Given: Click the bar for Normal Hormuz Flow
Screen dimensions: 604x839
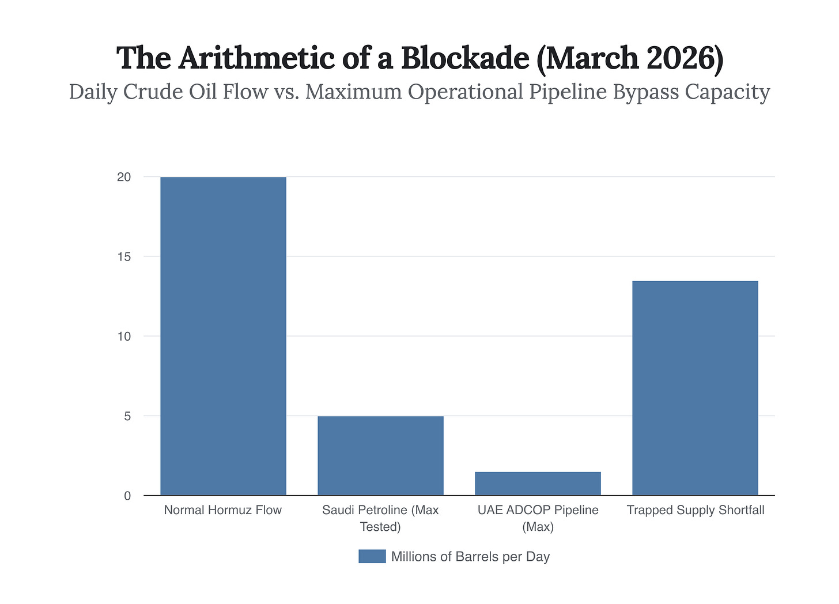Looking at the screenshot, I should coord(223,336).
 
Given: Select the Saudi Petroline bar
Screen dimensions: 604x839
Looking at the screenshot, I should coord(380,455).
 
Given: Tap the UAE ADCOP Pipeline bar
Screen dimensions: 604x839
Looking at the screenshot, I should coord(538,484).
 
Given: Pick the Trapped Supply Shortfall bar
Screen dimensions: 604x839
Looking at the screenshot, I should coord(695,388).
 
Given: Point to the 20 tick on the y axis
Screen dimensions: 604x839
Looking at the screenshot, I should coord(124,177).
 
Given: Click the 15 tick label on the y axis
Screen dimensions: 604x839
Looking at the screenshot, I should coord(124,256).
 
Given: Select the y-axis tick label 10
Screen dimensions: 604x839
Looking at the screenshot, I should coord(124,336).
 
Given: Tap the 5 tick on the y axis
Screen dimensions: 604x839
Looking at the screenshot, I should coord(127,416).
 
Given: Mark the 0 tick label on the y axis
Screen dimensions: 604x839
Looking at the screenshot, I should coord(127,496).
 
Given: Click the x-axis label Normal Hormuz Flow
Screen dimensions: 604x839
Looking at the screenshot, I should coord(223,510).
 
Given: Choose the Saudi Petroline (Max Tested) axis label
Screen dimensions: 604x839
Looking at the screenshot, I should coord(380,518).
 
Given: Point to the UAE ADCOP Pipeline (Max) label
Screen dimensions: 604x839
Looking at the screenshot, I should coord(538,518).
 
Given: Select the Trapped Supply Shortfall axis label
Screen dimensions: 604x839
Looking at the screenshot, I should coord(695,510).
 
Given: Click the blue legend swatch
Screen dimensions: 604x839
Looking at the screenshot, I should coord(372,556).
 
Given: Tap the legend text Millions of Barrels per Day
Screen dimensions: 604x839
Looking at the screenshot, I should coord(470,557).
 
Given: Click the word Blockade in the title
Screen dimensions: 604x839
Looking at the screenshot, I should coord(464,58).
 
